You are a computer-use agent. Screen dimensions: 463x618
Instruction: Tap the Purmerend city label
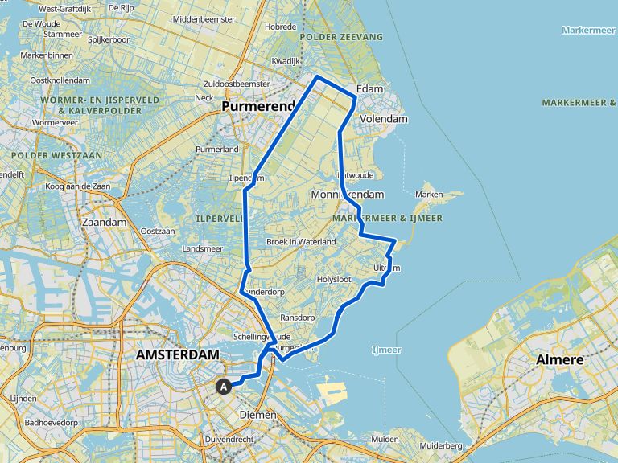(x=256, y=106)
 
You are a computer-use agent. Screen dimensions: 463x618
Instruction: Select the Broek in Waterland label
(x=301, y=242)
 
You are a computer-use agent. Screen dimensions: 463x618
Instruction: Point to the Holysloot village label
(x=336, y=280)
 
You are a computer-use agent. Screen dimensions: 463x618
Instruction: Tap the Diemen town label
(x=258, y=415)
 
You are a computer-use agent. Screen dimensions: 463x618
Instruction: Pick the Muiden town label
(x=385, y=439)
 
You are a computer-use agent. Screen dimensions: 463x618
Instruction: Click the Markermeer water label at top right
(x=589, y=30)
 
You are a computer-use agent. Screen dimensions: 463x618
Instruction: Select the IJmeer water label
(x=386, y=350)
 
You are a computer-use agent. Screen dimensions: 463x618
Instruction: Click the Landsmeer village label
(x=202, y=249)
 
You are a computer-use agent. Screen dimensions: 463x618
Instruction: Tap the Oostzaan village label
(x=158, y=231)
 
